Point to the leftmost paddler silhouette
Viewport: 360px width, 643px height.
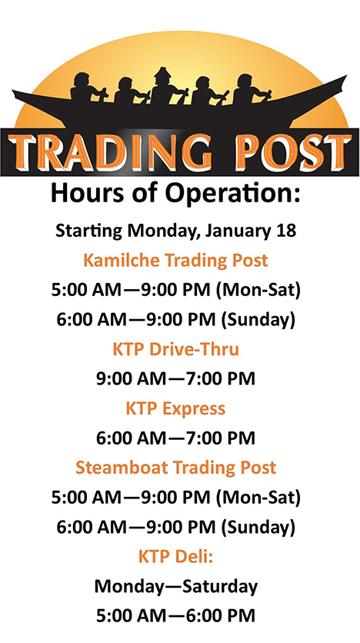click(x=87, y=88)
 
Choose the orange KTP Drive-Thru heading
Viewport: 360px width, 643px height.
click(x=175, y=349)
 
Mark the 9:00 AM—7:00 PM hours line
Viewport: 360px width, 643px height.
click(x=175, y=378)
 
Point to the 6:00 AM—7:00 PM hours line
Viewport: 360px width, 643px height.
click(x=175, y=438)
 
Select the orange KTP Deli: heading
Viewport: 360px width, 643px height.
click(x=175, y=557)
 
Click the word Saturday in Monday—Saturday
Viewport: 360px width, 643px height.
click(x=220, y=586)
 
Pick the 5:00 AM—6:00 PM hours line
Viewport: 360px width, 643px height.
click(x=175, y=615)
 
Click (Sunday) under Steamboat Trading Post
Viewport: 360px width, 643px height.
click(x=258, y=528)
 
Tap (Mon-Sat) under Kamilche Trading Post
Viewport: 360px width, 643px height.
click(x=258, y=290)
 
